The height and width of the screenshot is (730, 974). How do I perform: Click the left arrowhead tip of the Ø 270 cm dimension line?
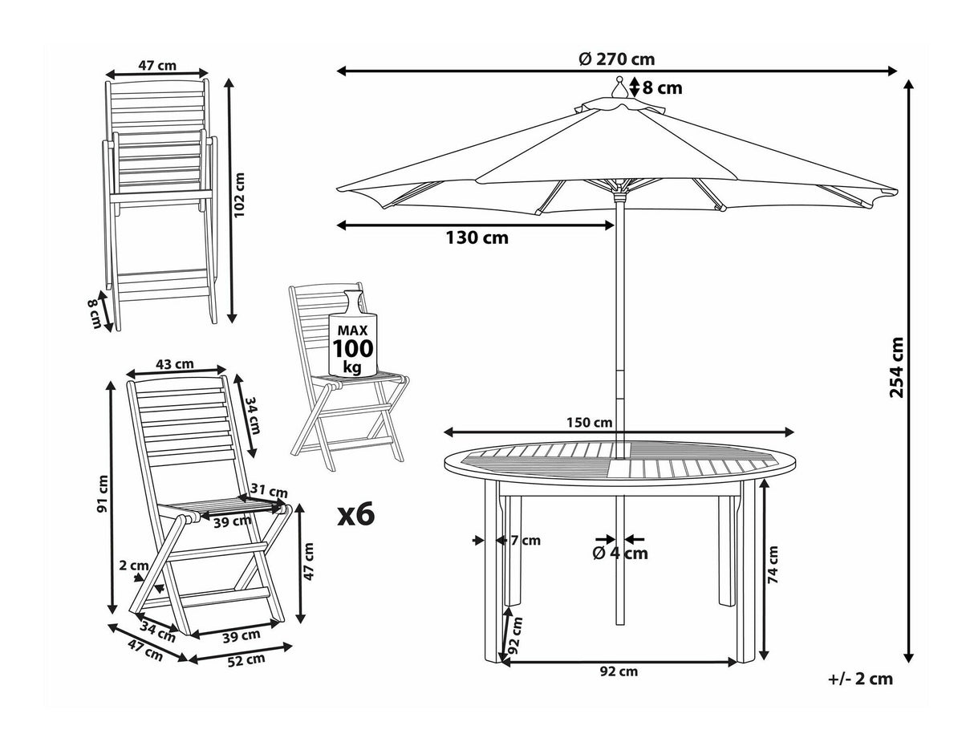point(337,71)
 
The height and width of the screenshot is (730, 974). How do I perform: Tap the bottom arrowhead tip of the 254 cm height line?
point(909,663)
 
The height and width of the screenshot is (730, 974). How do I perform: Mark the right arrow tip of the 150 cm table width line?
point(793,432)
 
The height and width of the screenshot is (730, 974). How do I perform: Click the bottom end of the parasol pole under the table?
point(620,624)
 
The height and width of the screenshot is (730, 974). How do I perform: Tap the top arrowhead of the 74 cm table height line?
point(764,480)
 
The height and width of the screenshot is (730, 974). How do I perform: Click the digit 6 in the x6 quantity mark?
point(366,514)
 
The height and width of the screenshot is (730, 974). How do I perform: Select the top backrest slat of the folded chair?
point(156,87)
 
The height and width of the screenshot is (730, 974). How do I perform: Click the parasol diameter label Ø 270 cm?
point(617,59)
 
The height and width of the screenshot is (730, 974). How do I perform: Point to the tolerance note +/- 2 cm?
point(860,679)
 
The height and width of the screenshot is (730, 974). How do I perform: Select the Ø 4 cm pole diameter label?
point(620,553)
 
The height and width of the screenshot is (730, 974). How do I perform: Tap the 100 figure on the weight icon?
point(353,348)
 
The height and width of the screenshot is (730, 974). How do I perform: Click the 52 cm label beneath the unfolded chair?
point(246,660)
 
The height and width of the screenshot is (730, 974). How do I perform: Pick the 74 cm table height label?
point(773,565)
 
